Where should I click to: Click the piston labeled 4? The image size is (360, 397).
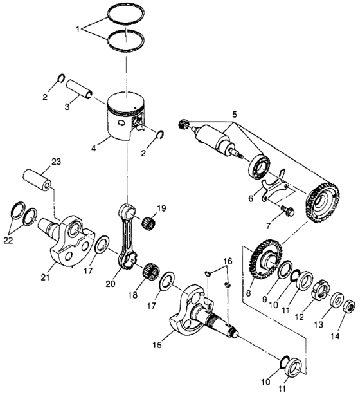(x=126, y=116)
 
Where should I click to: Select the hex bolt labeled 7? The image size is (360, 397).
(x=285, y=211)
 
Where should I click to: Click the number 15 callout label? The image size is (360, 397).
(x=157, y=345)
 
